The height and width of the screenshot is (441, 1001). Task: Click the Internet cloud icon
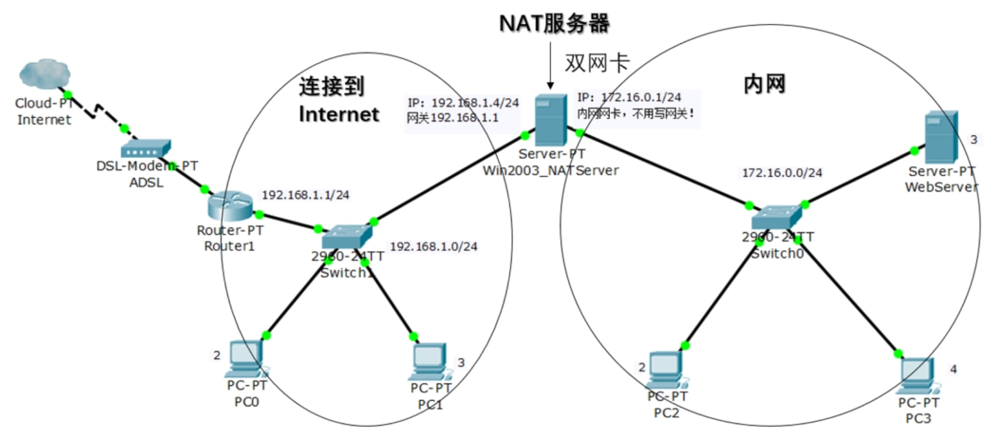pos(44,74)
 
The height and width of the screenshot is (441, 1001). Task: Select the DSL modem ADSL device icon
pos(145,149)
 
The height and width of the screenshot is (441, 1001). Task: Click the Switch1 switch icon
pos(347,237)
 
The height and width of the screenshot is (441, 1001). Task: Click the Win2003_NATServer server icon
pos(550,120)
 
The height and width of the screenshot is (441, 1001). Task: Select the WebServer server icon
pos(941,137)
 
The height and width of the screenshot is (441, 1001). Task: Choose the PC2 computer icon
pos(666,370)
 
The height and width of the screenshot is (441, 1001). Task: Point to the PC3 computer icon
pos(917,375)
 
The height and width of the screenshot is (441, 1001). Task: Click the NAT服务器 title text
pos(553,23)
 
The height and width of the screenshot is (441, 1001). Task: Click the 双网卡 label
pos(597,63)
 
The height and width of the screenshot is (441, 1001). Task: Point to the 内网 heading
pos(764,84)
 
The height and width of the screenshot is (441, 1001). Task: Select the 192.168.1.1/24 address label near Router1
pos(305,195)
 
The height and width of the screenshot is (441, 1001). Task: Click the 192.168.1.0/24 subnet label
pos(433,247)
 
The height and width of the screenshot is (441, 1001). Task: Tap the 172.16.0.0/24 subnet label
pos(781,173)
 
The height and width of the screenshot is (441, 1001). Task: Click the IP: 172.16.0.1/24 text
pos(629,97)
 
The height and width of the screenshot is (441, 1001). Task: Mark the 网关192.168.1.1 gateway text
pos(452,118)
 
